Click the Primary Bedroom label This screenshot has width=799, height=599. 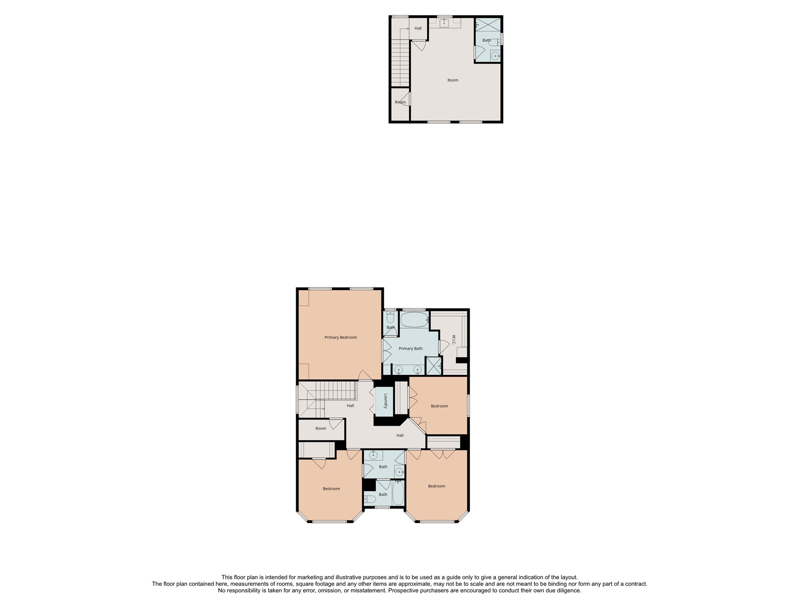[340, 337]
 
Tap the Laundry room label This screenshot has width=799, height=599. [385, 401]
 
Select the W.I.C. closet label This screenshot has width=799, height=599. [453, 340]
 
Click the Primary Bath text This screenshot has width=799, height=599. [410, 349]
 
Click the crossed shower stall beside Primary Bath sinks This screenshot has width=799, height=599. [433, 366]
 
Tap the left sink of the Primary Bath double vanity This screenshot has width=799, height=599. [398, 369]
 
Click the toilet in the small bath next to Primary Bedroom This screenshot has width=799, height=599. [391, 317]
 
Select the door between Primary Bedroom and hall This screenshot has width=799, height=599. [365, 375]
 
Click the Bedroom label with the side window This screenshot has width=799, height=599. [439, 406]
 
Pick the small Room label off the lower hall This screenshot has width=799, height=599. [321, 429]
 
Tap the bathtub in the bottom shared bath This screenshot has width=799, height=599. [398, 494]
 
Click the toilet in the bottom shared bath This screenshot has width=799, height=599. [370, 499]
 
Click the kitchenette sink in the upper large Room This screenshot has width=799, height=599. [444, 23]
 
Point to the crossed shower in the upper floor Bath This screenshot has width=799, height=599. [488, 24]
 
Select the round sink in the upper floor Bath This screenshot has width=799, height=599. [495, 56]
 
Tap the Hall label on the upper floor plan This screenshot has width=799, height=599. [418, 28]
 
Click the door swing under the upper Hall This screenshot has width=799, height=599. [419, 46]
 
